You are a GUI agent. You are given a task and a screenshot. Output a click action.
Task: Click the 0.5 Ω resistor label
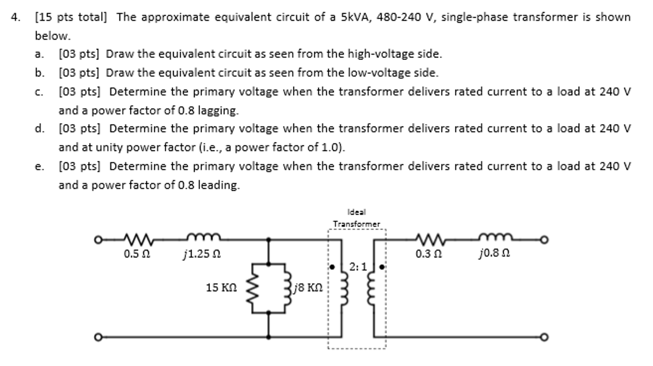tap(137, 254)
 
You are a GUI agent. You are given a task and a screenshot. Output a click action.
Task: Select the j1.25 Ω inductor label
tap(202, 254)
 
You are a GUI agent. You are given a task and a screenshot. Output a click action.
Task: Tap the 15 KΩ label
tap(221, 288)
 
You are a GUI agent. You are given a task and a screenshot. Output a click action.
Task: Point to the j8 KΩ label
tap(308, 288)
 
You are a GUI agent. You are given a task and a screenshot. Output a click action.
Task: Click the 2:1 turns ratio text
tap(358, 267)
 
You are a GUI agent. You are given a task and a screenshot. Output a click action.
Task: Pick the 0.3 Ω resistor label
tap(428, 254)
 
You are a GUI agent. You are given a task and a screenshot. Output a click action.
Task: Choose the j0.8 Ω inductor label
tap(494, 253)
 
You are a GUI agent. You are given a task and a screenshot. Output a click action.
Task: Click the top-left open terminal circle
tap(98, 240)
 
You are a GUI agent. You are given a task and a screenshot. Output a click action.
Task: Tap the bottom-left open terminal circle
tap(98, 337)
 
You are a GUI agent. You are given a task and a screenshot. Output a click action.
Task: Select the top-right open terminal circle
tap(544, 240)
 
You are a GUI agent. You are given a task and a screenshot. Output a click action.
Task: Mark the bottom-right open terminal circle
tap(544, 337)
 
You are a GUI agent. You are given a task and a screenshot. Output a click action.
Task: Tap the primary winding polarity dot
tap(332, 267)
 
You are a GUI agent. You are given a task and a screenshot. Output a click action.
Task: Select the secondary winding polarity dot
tap(382, 267)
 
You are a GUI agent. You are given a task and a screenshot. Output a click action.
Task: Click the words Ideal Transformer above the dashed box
tap(357, 218)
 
